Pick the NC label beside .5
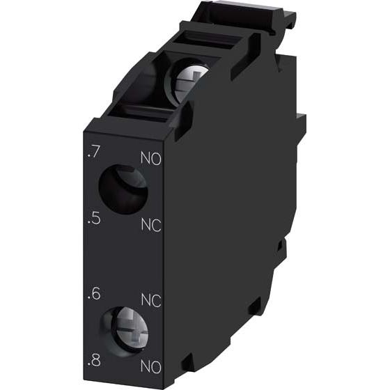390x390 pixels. tap(150, 226)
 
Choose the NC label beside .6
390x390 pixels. tap(151, 300)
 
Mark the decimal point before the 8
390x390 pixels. tap(86, 366)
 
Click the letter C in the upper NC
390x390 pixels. tap(157, 226)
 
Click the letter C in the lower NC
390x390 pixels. tap(157, 300)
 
